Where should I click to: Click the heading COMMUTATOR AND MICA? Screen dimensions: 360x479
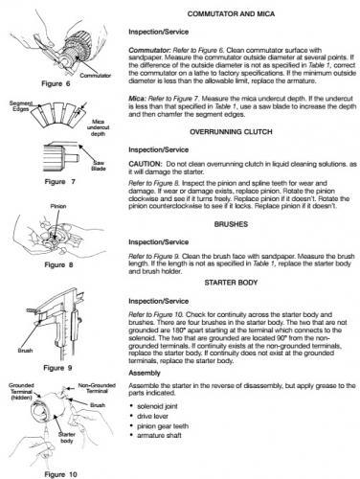[231, 14]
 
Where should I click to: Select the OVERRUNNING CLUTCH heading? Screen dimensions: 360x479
[231, 132]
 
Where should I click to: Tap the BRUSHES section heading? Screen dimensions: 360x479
[231, 224]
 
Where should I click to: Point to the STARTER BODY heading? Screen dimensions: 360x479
[231, 283]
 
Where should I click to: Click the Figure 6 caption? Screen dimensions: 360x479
[56, 83]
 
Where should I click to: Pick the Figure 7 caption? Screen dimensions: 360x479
[59, 182]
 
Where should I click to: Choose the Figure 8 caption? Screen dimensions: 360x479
[58, 265]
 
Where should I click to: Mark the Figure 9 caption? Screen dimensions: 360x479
[57, 368]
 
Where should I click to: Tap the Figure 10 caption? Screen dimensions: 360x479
[60, 474]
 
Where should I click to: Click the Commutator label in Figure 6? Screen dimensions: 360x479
[95, 76]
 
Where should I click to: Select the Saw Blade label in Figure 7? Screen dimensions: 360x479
[99, 166]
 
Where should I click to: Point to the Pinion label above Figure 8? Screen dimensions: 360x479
[58, 206]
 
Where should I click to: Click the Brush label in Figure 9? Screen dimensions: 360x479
[25, 351]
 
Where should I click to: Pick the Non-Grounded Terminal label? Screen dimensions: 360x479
[97, 388]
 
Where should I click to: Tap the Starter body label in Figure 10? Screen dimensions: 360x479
[67, 438]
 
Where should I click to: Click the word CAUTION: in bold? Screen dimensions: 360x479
[146, 164]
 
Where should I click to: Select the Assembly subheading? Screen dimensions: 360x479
[145, 373]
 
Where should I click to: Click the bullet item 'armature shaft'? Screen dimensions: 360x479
[159, 435]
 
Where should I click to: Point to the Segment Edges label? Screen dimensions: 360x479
[21, 106]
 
